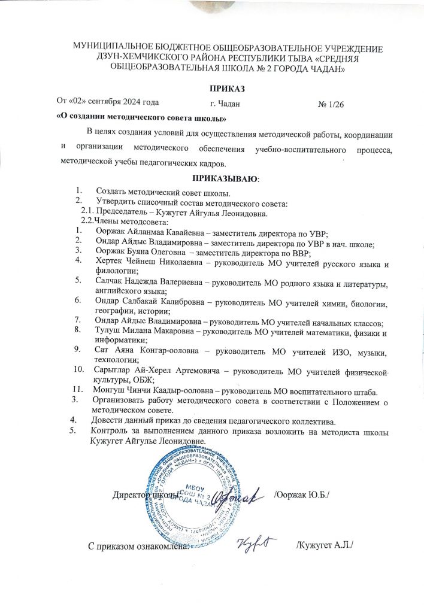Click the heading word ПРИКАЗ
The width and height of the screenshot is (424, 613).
212,89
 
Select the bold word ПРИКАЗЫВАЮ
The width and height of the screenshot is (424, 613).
225,178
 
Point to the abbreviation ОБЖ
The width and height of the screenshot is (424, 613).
146,381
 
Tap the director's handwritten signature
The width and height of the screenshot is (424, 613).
246,494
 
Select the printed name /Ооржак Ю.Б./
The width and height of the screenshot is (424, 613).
301,496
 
